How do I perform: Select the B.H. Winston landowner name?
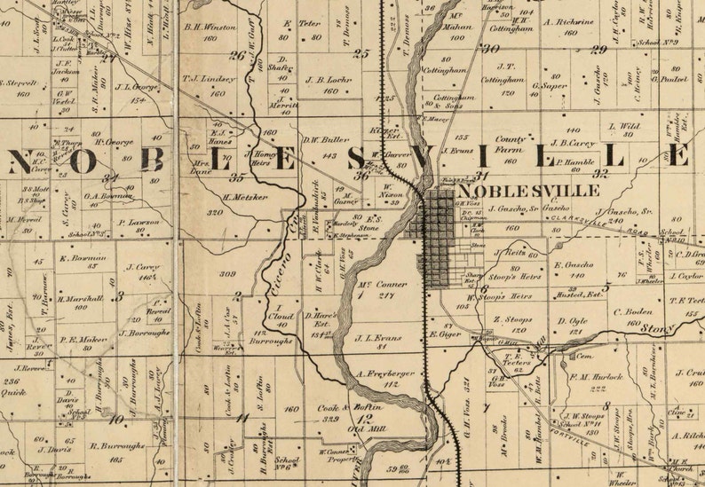(x=210, y=27)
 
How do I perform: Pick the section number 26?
(x=236, y=55)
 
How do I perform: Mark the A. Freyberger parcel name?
(x=386, y=373)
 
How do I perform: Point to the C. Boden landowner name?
(x=632, y=311)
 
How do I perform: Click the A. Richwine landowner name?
(x=568, y=21)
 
